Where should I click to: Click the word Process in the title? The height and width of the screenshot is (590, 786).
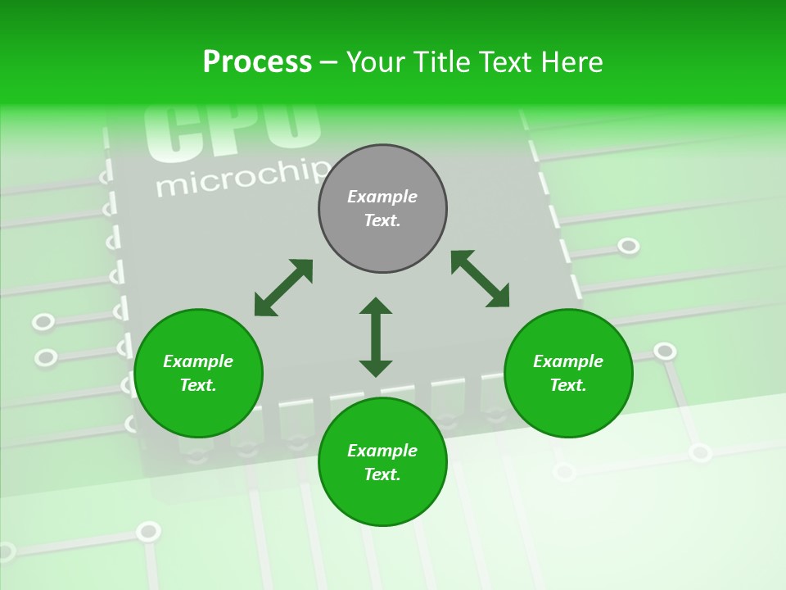coord(257,62)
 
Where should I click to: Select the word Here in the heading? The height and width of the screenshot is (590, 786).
coord(572,62)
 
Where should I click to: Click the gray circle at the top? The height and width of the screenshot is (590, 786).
coord(382,246)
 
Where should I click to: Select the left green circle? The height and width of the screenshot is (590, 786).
coord(198,410)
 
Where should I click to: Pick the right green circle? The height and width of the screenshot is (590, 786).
coord(568,410)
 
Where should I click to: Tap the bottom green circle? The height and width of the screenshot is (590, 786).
coord(382,500)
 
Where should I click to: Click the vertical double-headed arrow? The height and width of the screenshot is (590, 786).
coord(376,337)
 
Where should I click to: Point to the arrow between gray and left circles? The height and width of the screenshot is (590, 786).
coord(283,288)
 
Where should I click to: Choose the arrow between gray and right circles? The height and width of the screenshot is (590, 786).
coord(480,279)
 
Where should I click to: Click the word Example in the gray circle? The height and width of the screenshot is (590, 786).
coord(382,197)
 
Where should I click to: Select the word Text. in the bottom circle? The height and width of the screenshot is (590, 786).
coord(382,474)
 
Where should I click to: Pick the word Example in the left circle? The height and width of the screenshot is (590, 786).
coord(198,361)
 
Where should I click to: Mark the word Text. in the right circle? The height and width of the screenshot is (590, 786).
coord(568,385)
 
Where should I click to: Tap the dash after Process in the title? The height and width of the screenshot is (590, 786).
coord(329,62)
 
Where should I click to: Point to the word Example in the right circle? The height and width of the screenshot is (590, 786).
coord(568,361)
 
